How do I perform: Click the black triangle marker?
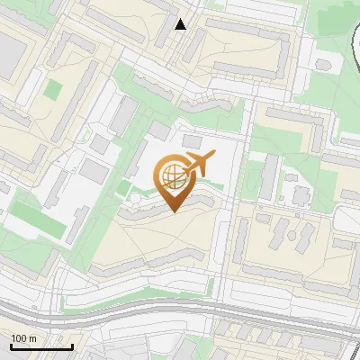click(181, 24)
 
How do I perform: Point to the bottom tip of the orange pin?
click(172, 211)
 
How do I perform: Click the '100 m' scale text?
click(24, 338)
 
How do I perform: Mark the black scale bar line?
click(41, 346)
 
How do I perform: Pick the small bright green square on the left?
click(53, 91)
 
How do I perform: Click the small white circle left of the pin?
click(135, 197)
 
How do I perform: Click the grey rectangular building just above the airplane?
click(192, 142)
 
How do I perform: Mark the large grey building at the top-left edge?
click(11, 54)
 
